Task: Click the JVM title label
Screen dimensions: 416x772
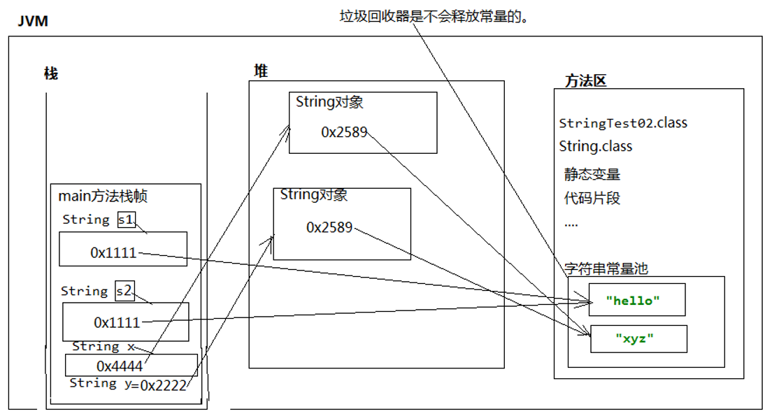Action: click(x=32, y=22)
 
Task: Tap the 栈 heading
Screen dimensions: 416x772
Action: click(x=51, y=73)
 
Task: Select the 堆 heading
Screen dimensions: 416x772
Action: click(x=260, y=71)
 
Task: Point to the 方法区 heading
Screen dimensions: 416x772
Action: click(x=585, y=80)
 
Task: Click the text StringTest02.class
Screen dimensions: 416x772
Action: click(x=623, y=123)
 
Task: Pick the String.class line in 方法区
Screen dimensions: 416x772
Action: click(x=595, y=147)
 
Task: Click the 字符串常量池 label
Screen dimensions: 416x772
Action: click(x=606, y=268)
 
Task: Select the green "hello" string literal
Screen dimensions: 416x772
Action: click(x=633, y=301)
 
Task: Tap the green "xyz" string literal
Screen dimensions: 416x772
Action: click(x=634, y=338)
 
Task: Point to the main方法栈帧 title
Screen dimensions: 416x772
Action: click(x=103, y=196)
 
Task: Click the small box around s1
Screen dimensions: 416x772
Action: click(x=126, y=220)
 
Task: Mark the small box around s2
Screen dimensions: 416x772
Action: click(x=124, y=291)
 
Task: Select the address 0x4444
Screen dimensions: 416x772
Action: click(x=120, y=366)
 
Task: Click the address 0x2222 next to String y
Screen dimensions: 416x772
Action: click(x=163, y=384)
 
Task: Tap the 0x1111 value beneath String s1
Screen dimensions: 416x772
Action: click(x=113, y=253)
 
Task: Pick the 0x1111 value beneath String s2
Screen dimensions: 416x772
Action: click(x=117, y=322)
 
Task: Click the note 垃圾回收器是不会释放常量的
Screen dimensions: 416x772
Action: click(x=434, y=16)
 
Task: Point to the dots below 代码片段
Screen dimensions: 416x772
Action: click(x=571, y=224)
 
